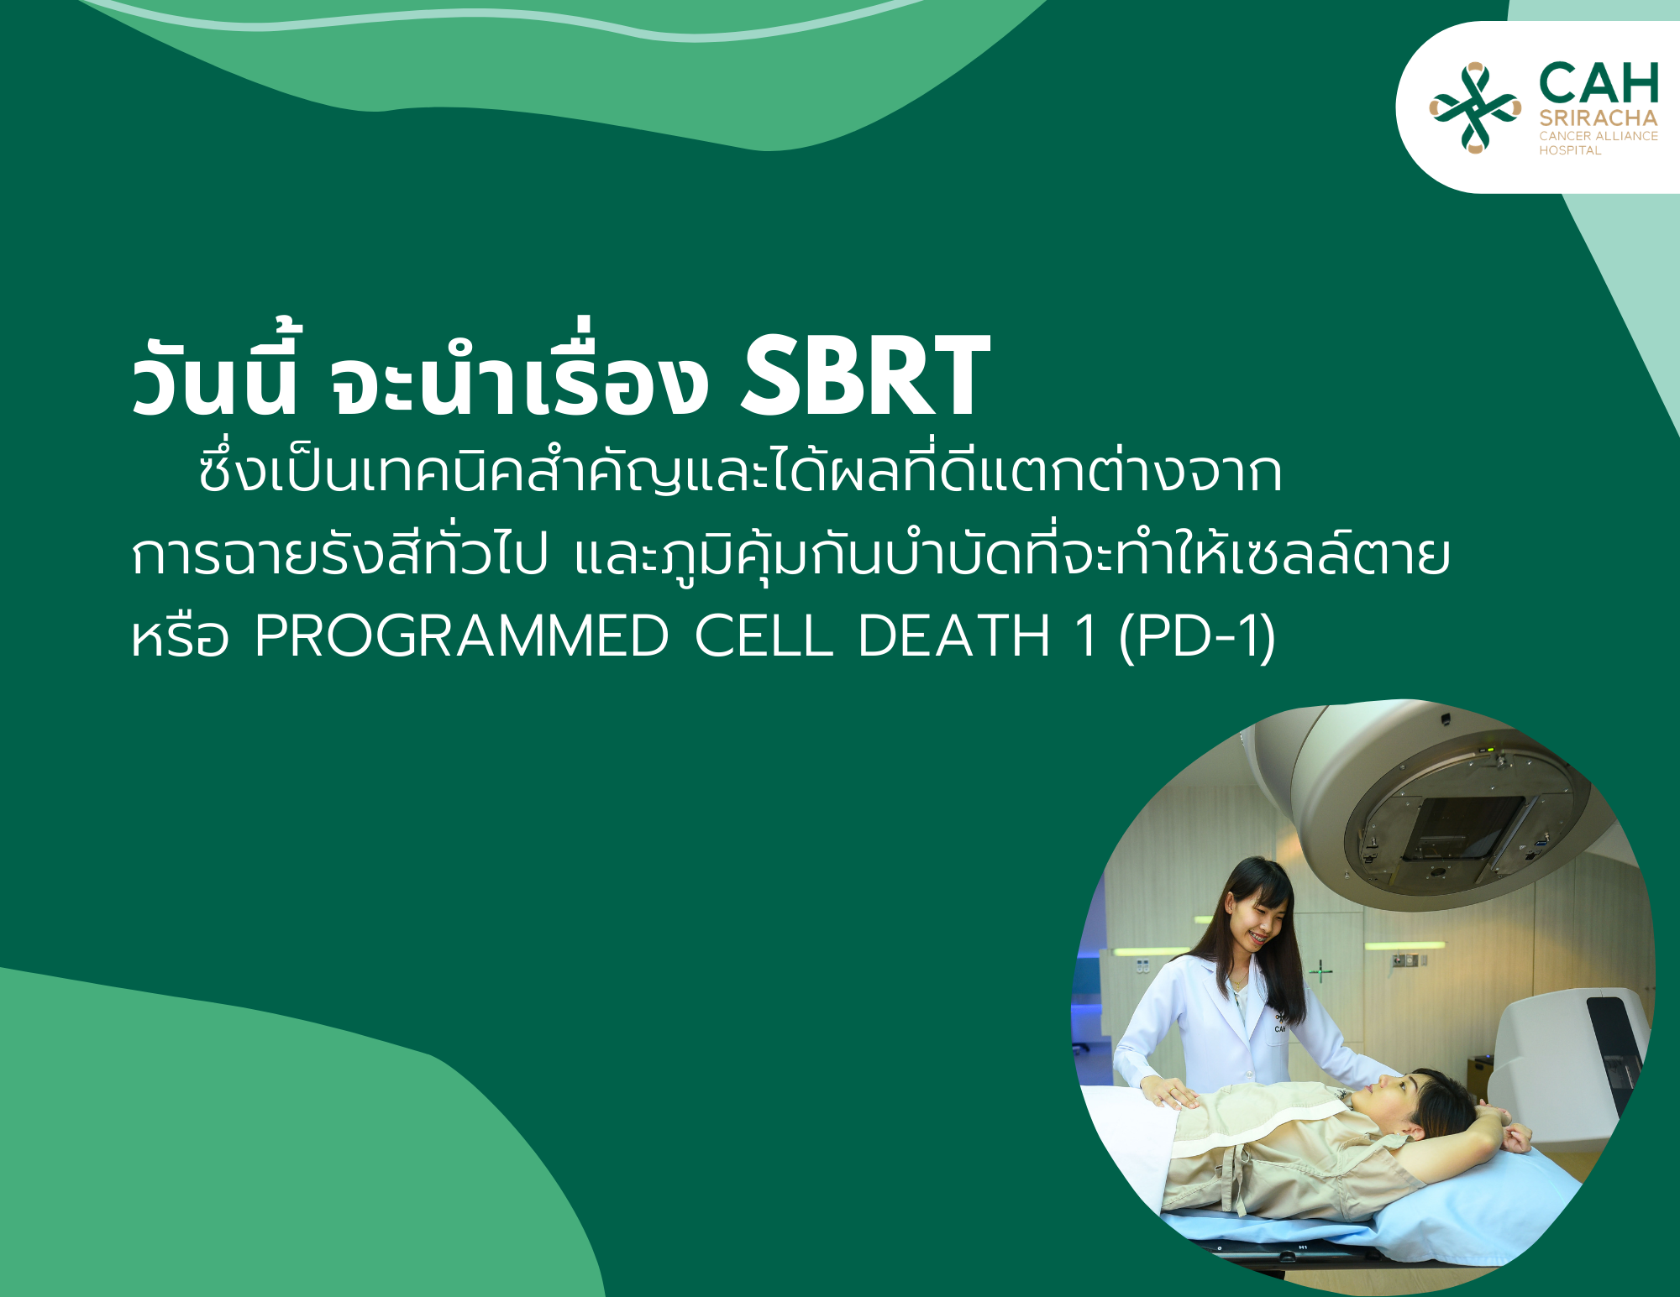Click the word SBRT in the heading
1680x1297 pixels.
865,375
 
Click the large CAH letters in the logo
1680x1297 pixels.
1599,83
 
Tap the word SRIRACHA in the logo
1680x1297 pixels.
1599,118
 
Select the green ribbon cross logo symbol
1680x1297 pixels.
1475,107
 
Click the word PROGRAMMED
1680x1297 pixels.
461,635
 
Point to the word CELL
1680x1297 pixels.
764,635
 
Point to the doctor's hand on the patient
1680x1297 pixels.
1170,1094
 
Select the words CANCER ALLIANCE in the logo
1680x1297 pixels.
1599,136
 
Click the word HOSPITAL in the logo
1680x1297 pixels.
1570,150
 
